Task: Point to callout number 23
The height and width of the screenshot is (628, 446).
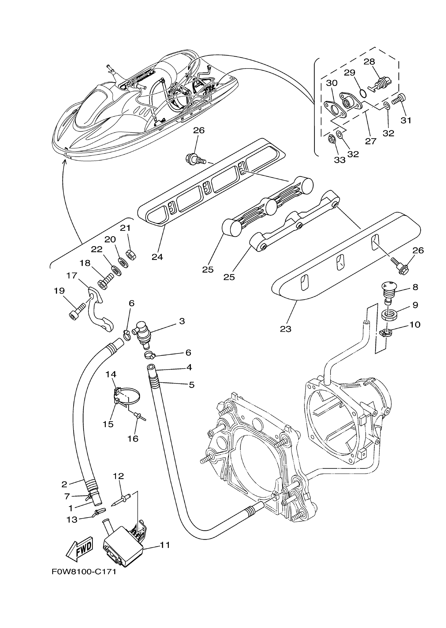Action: (x=286, y=329)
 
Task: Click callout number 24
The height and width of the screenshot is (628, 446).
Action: (x=157, y=257)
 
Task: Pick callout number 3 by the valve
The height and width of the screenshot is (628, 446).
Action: (x=182, y=321)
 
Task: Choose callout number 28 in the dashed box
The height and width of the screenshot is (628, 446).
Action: (x=369, y=61)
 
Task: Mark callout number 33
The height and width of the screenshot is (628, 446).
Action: (x=339, y=160)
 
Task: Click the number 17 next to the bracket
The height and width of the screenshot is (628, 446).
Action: (x=72, y=275)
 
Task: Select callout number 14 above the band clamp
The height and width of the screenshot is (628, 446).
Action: (x=111, y=374)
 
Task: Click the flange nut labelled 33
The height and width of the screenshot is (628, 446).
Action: (x=331, y=139)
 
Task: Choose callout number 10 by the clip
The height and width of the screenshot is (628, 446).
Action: (x=415, y=324)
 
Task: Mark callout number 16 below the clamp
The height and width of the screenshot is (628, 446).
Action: (x=133, y=439)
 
